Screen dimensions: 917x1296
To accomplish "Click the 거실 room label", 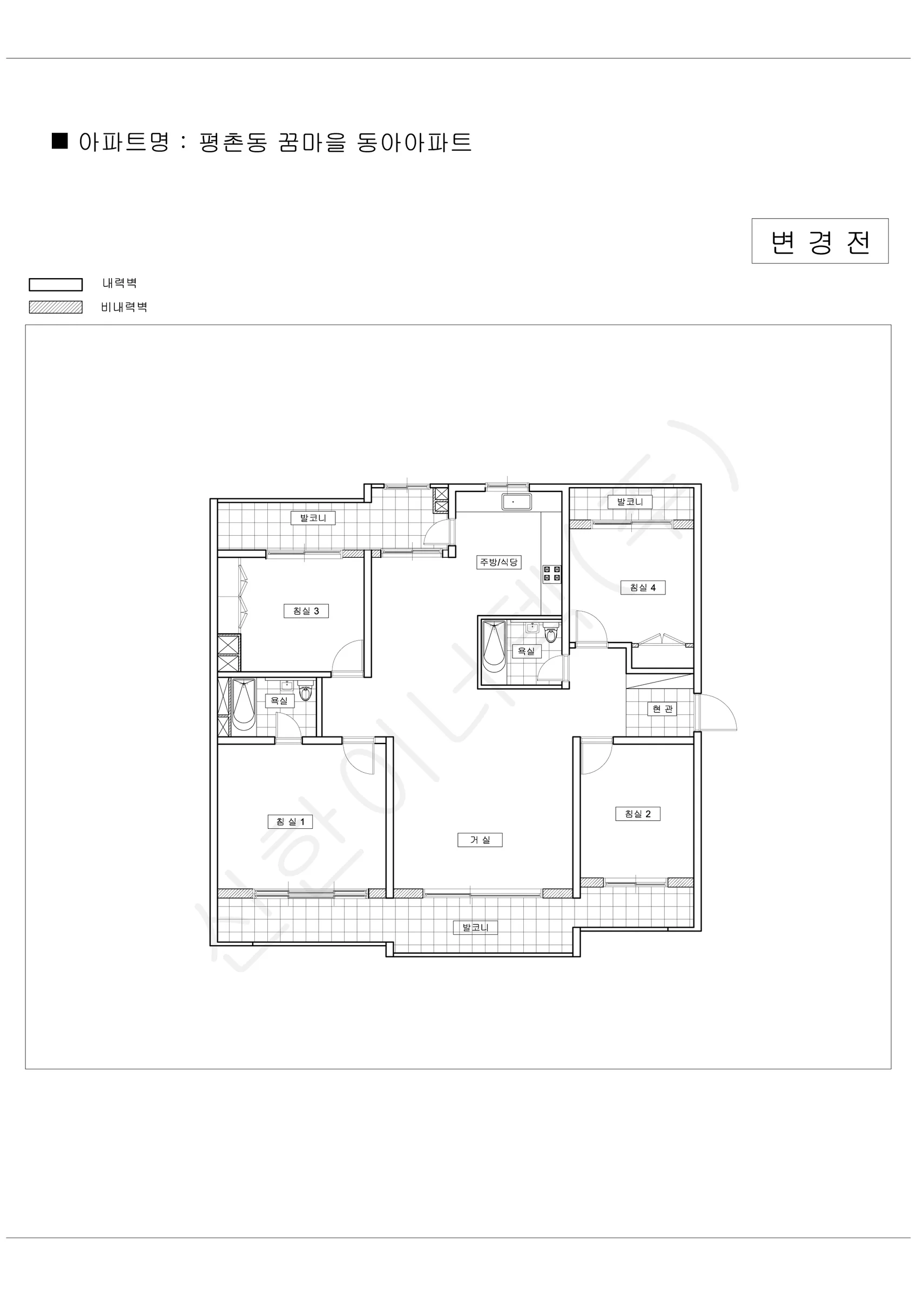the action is tap(480, 840).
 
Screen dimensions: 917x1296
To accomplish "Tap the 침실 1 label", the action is tap(290, 821).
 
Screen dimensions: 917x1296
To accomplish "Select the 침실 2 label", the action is tap(637, 813).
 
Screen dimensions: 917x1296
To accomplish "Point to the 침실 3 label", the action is tap(306, 611).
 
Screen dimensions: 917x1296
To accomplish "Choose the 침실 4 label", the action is tap(643, 587).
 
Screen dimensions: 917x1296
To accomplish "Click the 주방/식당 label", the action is tap(498, 562).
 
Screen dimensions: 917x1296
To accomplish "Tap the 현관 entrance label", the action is tap(662, 708).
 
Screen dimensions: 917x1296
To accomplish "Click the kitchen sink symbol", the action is tap(517, 501).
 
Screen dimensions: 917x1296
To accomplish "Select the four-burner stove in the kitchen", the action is tap(552, 573).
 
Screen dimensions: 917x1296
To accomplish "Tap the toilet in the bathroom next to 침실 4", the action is tap(550, 634).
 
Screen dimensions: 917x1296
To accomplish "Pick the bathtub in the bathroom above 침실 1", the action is tap(244, 706).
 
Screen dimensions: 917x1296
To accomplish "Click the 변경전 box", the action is tap(820, 241).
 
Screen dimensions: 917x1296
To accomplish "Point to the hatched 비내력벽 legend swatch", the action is tap(56, 307).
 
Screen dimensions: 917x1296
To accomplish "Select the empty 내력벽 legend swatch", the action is tap(56, 285).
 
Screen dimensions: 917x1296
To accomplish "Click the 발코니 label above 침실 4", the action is tap(630, 501).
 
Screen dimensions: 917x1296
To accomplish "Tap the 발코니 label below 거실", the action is tap(475, 927).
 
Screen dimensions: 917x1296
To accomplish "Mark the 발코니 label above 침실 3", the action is tap(313, 518).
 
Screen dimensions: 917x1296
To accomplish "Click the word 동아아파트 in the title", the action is tap(414, 142).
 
